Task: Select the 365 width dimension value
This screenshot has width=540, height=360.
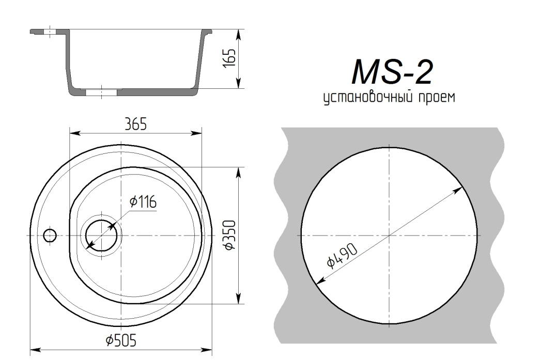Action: pyautogui.click(x=136, y=124)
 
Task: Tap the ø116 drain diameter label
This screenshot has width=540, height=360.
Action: pyautogui.click(x=143, y=201)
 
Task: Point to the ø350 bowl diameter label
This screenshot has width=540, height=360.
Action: pyautogui.click(x=229, y=235)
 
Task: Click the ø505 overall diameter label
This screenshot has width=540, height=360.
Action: pyautogui.click(x=121, y=341)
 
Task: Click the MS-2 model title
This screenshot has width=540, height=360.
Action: pyautogui.click(x=392, y=72)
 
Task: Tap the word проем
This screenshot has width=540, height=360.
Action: pyautogui.click(x=437, y=98)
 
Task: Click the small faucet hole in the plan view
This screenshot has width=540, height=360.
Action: pyautogui.click(x=50, y=236)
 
